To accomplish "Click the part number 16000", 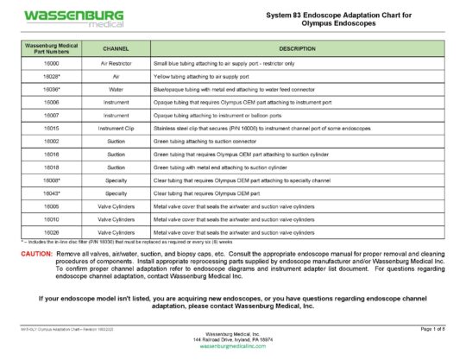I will click(x=51, y=64).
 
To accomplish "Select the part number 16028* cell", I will click(x=51, y=76).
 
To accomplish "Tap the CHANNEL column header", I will click(x=116, y=48).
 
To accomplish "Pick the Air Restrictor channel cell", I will click(x=116, y=64).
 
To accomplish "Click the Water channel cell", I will click(x=116, y=89).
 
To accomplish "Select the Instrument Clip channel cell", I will click(x=116, y=128).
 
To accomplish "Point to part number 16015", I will click(x=51, y=128).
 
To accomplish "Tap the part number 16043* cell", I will click(x=51, y=193).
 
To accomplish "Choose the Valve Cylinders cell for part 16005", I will click(x=116, y=205).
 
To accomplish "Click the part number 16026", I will click(x=51, y=231).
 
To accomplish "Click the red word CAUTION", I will click(x=36, y=256).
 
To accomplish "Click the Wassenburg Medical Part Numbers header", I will click(x=51, y=48).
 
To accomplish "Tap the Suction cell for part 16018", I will click(x=116, y=167).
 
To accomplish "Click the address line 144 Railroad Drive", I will click(x=233, y=339).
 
